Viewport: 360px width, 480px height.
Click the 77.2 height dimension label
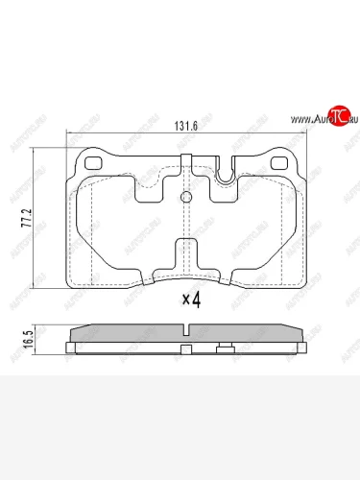point(28,216)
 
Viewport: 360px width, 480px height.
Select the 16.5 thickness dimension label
point(28,336)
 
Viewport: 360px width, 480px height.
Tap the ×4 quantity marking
point(190,300)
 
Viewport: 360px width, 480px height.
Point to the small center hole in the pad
point(184,199)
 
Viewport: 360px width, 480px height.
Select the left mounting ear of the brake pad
point(93,163)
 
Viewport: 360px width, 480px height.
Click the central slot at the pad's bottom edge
point(184,257)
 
